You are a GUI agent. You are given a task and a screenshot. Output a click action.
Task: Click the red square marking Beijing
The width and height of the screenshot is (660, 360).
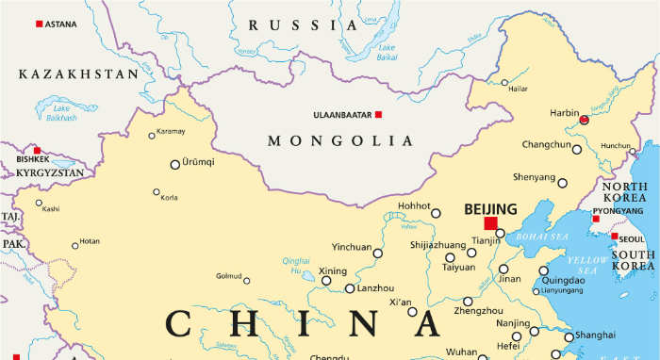489,223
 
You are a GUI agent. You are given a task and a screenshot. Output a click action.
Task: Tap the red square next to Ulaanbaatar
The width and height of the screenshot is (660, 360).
378,115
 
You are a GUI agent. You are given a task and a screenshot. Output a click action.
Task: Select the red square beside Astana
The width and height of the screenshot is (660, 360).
39,24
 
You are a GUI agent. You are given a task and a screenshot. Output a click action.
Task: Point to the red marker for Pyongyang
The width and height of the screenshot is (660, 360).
595,219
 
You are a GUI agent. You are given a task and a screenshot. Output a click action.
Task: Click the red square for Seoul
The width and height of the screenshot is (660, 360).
615,237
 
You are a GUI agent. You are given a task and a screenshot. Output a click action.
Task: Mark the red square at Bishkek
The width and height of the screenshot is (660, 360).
37,151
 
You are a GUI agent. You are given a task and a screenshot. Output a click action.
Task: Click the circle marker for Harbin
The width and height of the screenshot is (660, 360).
584,121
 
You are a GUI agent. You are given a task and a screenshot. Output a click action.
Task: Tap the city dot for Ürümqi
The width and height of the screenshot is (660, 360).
174,165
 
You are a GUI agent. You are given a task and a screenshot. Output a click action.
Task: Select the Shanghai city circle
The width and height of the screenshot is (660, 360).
569,336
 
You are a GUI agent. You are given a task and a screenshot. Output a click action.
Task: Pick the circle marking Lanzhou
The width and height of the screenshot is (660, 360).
350,288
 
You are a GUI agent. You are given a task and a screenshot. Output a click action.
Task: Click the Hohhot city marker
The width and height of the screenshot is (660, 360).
436,214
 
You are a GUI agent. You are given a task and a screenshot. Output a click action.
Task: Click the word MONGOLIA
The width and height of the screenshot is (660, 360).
340,141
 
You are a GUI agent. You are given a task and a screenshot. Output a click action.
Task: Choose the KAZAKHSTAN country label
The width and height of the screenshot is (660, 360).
78,74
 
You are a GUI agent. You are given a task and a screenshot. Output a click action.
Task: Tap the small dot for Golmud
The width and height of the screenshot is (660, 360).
247,280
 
